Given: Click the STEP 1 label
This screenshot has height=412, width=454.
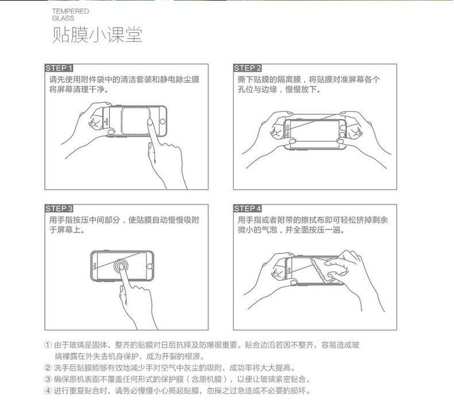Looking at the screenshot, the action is click(59, 68).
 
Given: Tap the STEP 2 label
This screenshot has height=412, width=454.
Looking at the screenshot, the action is click(248, 68).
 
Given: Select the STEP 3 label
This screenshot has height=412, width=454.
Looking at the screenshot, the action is click(59, 208).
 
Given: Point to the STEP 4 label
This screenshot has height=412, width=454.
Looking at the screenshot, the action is click(248, 208).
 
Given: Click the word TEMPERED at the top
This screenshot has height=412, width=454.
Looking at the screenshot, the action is click(70, 11).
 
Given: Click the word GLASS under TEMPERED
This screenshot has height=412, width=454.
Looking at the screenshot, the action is click(63, 18).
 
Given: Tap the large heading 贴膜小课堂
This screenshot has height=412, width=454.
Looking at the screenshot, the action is click(97, 34).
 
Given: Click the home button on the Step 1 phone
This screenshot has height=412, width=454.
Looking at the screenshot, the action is click(163, 122).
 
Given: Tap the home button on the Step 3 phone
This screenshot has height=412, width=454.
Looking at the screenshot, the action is click(149, 266).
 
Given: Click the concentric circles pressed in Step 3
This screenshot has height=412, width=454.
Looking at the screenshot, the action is click(121, 266).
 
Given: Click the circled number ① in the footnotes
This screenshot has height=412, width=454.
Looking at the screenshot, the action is click(48, 345).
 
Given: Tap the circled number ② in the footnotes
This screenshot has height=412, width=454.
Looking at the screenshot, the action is click(48, 368).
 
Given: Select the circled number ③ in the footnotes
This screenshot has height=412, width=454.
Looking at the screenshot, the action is click(48, 379).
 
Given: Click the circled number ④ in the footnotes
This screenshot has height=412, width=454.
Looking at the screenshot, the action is click(48, 391).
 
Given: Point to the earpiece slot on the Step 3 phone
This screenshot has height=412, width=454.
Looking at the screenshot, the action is click(95, 266).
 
